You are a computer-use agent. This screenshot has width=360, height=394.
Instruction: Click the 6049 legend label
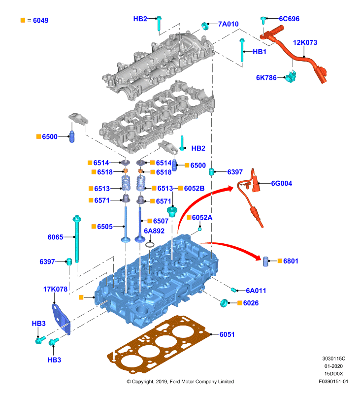[40, 20]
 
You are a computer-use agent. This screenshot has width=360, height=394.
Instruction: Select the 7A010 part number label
[228, 24]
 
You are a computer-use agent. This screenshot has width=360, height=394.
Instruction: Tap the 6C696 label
[289, 19]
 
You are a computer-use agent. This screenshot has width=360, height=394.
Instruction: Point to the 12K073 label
[305, 42]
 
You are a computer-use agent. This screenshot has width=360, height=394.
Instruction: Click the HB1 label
[259, 52]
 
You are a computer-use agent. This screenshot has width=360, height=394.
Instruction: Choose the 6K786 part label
[266, 78]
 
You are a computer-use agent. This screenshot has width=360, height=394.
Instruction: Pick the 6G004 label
[282, 183]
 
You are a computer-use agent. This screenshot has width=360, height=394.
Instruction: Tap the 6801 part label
[291, 261]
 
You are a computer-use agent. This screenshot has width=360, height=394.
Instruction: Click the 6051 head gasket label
[227, 334]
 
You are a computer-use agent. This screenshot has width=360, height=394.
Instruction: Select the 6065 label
[55, 237]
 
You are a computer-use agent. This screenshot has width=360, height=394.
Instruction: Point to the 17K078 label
[55, 289]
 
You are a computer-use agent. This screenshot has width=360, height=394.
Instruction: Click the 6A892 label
[154, 230]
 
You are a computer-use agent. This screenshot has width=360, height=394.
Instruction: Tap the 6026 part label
[251, 303]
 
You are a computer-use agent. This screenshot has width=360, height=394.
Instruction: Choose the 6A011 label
[256, 291]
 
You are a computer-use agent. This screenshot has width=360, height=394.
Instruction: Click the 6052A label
[202, 217]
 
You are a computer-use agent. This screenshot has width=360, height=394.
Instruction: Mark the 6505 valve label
[105, 227]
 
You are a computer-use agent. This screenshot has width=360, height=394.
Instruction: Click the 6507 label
[161, 221]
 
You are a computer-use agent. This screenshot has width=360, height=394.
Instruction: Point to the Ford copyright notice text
[180, 381]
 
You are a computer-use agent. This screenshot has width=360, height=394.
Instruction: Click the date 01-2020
[333, 366]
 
